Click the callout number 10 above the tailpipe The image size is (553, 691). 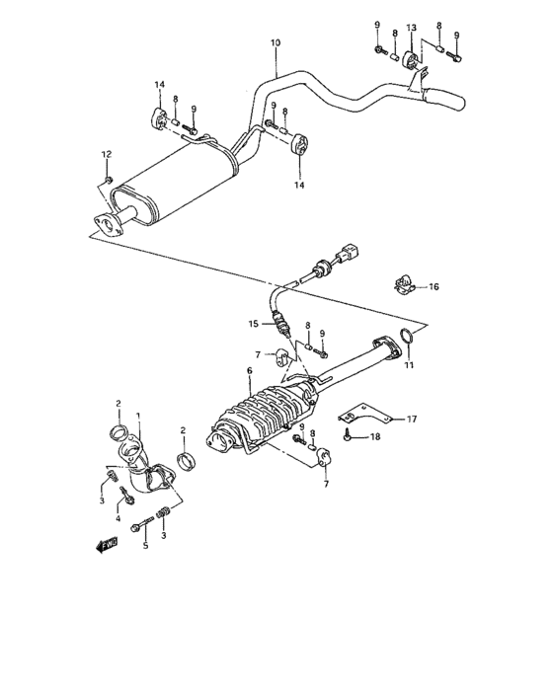pyautogui.click(x=275, y=43)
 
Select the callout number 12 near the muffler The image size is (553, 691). pyautogui.click(x=108, y=153)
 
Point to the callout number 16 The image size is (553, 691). pyautogui.click(x=434, y=287)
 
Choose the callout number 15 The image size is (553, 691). pyautogui.click(x=253, y=323)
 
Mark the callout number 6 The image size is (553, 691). pyautogui.click(x=250, y=370)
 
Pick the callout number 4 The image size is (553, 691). pyautogui.click(x=118, y=518)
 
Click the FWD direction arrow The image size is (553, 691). pyautogui.click(x=106, y=543)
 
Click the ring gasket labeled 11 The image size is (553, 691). pyautogui.click(x=403, y=343)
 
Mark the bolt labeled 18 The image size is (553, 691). pyautogui.click(x=351, y=435)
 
